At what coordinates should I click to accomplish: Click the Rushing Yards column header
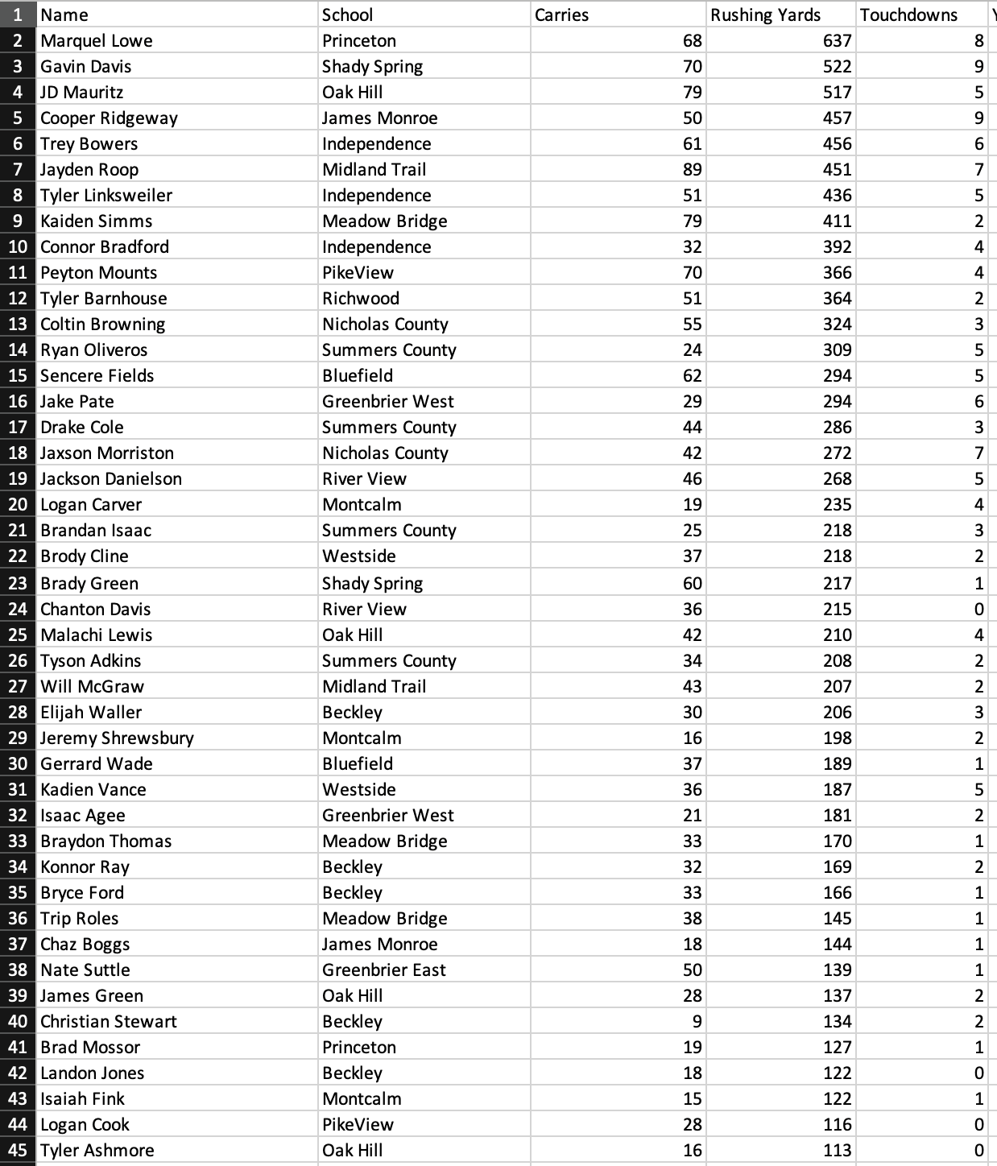pos(765,14)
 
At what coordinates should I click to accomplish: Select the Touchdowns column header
pos(908,14)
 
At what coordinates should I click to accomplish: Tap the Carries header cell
pos(561,14)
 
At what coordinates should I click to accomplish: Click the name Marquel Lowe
pos(97,40)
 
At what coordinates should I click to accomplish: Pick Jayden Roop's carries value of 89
pos(692,169)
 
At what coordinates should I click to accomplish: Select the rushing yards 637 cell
pos(837,40)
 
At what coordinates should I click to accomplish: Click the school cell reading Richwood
pos(361,298)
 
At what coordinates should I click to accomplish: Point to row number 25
pos(18,635)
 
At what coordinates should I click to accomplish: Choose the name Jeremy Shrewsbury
pos(117,738)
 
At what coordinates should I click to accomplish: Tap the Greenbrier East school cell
pos(384,970)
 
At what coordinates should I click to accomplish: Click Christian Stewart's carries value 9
pos(697,1021)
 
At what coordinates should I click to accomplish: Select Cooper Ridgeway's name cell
pos(109,118)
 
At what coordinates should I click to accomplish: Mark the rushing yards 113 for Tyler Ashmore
pos(837,1150)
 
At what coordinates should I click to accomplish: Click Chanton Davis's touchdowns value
pos(978,609)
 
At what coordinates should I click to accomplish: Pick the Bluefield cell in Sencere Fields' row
pos(358,375)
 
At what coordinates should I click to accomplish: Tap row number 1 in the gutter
pos(18,14)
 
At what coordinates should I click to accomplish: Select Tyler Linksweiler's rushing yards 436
pos(837,195)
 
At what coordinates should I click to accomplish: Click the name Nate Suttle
pos(85,970)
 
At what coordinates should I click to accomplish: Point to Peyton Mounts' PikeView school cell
pos(358,272)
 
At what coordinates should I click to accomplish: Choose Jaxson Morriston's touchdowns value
pos(978,453)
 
